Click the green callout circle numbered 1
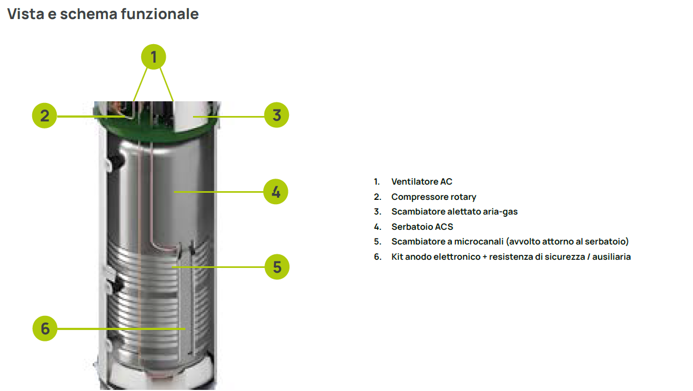click(x=153, y=57)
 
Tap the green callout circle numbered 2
click(x=45, y=115)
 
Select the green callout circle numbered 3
click(x=276, y=115)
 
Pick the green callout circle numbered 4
click(x=276, y=192)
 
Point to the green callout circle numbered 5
click(x=277, y=267)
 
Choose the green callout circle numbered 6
click(x=45, y=328)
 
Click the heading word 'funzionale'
click(x=160, y=14)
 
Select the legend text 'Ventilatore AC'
click(x=421, y=181)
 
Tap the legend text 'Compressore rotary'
click(x=434, y=197)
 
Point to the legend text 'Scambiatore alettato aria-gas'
click(x=455, y=212)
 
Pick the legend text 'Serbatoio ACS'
click(x=423, y=227)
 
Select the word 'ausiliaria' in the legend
click(x=611, y=257)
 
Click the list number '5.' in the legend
click(x=377, y=241)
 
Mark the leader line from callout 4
click(x=219, y=192)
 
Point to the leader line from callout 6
click(x=121, y=329)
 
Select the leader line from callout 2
click(x=91, y=117)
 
